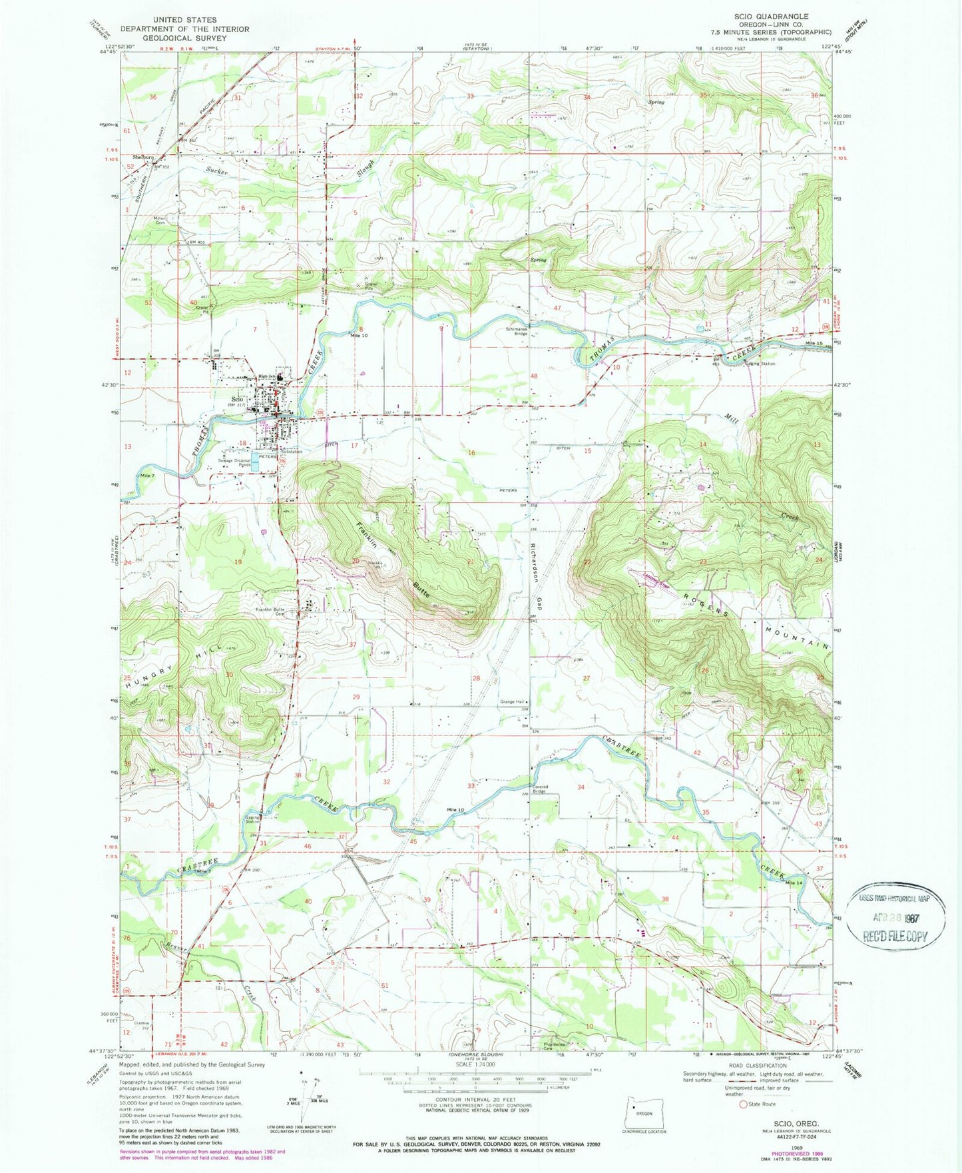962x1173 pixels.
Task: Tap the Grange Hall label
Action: (512, 701)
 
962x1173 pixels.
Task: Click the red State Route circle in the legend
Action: (743, 1104)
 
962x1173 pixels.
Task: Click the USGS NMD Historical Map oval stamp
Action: (895, 915)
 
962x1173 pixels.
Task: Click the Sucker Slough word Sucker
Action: (217, 172)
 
